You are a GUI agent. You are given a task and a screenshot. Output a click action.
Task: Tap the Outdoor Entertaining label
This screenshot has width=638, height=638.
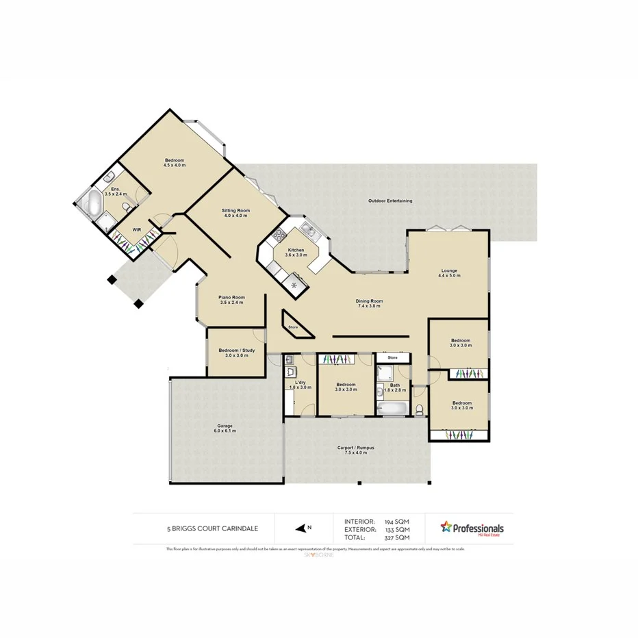(x=390, y=201)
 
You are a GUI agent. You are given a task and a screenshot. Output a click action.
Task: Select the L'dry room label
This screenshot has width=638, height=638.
(x=300, y=385)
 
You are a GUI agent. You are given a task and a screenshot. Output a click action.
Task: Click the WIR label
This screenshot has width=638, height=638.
(x=136, y=229)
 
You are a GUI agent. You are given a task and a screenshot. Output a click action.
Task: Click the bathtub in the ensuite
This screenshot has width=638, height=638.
(x=88, y=203)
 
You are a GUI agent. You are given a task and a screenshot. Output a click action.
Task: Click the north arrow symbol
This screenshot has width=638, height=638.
(x=301, y=528)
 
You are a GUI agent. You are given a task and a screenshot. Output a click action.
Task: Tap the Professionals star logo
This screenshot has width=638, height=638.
(x=447, y=527)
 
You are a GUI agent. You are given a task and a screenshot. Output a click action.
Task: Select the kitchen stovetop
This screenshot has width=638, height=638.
(x=279, y=237)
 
